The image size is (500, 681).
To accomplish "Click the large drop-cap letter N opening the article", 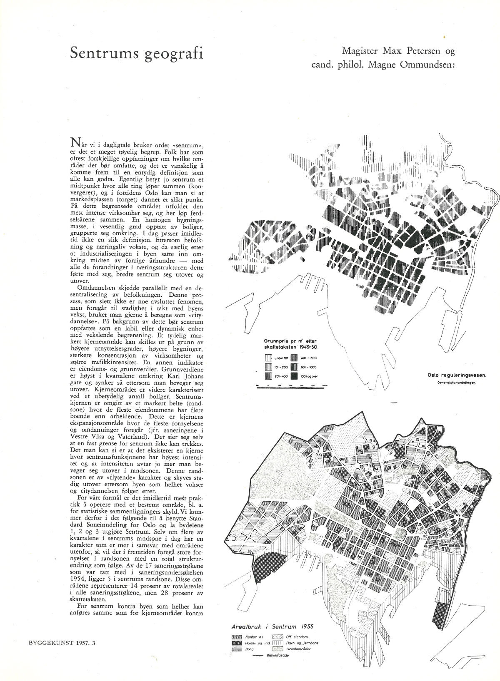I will pos(76,143).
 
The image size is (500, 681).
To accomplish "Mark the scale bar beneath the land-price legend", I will pos(291,386).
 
